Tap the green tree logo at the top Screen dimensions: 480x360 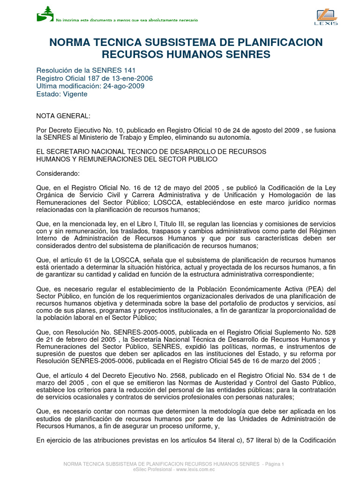pyautogui.click(x=45, y=14)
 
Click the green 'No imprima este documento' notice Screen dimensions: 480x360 pyautogui.click(x=127, y=20)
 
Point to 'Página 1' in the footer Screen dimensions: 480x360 pyautogui.click(x=274, y=464)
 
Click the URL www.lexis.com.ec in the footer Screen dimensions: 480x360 pyautogui.click(x=193, y=469)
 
